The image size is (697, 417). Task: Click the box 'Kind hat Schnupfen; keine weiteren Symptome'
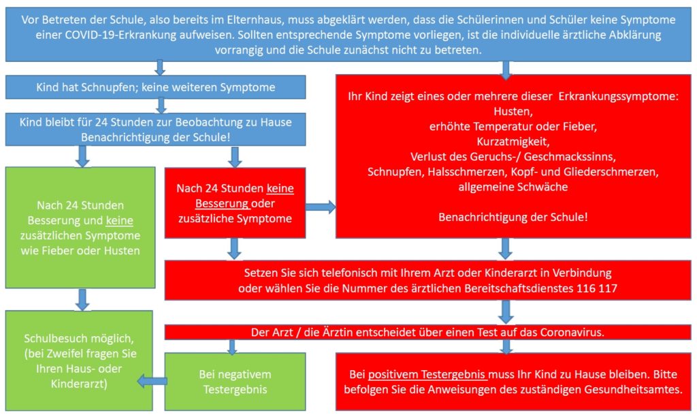pos(156,87)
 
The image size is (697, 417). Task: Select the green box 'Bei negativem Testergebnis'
pos(235,382)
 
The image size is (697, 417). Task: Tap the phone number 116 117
pos(597,288)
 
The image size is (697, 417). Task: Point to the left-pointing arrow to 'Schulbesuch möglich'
pos(152,381)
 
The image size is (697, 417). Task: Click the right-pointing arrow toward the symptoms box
pos(321,207)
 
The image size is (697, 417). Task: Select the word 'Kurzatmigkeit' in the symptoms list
pos(513,141)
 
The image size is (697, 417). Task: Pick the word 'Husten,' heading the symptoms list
pos(513,111)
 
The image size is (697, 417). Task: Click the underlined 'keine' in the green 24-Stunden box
pos(120,220)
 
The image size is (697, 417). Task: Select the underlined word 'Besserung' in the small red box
pos(222,203)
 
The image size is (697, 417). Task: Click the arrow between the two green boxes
pos(82,299)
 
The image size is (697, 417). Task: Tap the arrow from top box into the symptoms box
pos(506,70)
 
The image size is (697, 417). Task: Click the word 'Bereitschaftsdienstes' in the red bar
pos(519,288)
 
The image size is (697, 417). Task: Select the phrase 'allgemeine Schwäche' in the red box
pos(513,186)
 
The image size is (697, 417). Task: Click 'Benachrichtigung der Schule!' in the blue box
pos(156,137)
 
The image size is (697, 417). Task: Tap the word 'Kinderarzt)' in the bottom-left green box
pos(79,384)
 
